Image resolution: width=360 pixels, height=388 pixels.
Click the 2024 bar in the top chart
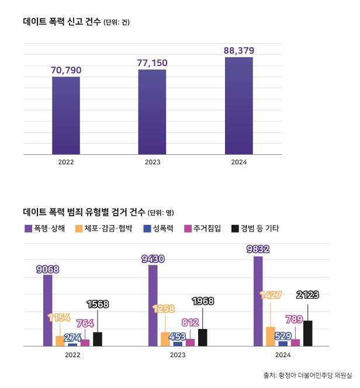238,106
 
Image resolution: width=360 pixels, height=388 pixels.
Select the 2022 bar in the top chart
66,116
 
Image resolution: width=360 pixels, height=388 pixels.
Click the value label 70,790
66,70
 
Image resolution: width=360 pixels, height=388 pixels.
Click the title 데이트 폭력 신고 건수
62,22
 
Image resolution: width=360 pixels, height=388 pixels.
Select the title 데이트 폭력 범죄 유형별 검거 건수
83,212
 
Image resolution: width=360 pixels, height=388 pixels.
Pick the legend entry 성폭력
158,228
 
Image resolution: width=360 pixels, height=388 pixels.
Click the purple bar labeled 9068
47,310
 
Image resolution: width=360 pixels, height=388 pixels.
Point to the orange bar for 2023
165,339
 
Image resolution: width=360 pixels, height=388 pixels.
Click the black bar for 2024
308,333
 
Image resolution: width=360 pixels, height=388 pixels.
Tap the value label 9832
258,248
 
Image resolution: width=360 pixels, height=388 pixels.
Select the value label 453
177,336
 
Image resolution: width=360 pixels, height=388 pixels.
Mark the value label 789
295,319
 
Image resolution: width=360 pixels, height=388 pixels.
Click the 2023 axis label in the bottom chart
178,355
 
